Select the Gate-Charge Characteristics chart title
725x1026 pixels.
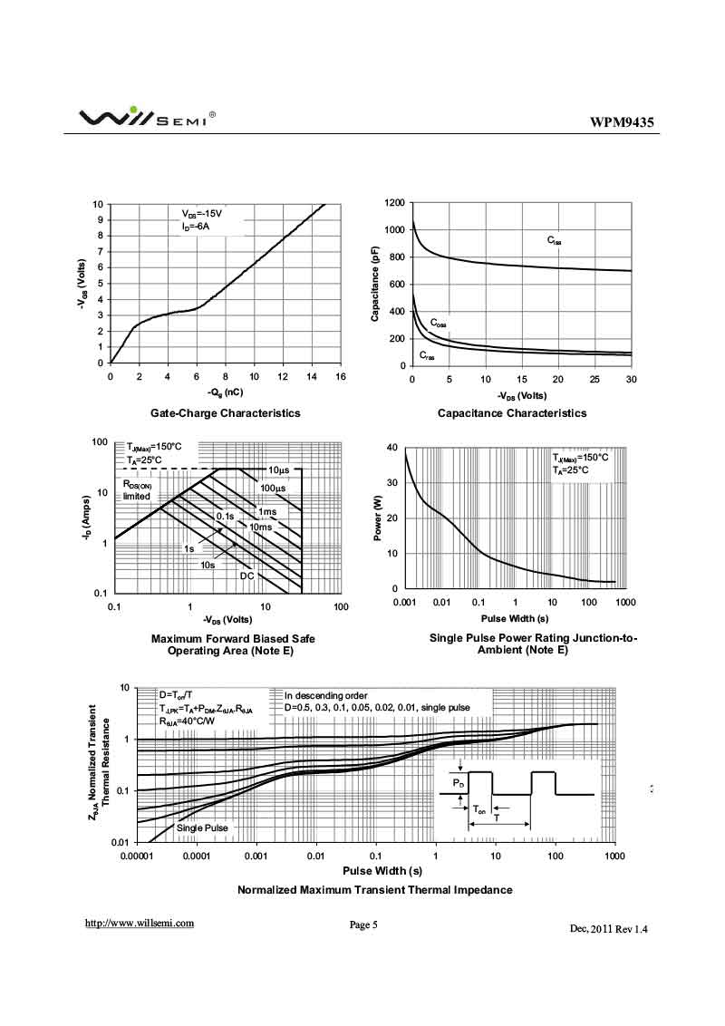(225, 413)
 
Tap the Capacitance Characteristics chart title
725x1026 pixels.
(512, 413)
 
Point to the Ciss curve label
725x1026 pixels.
(554, 241)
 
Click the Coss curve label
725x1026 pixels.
(438, 324)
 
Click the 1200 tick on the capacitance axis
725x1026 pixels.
(394, 203)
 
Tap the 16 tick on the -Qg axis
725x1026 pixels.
(340, 376)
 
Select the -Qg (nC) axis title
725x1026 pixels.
(225, 393)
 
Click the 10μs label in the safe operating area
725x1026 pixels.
(277, 469)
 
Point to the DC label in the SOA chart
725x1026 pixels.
(246, 576)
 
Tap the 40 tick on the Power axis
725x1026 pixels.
(391, 448)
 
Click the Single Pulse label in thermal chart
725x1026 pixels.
(202, 828)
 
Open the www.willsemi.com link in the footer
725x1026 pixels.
(140, 924)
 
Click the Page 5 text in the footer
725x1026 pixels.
(362, 924)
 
